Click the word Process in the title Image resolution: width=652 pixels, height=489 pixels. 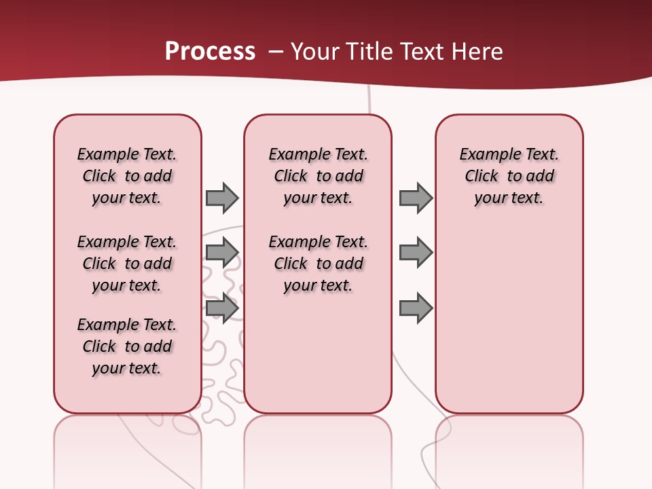(x=210, y=52)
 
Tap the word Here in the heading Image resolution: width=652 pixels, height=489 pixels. (x=477, y=52)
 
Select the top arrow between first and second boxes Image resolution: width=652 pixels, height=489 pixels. (x=222, y=198)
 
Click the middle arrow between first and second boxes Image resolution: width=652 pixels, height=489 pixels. (x=222, y=253)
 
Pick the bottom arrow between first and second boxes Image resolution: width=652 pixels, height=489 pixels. (x=222, y=308)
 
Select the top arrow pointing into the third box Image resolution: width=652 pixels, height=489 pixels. (x=416, y=198)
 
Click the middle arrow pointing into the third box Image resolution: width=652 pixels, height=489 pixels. (x=416, y=253)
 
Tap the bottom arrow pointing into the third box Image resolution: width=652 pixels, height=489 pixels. (x=416, y=308)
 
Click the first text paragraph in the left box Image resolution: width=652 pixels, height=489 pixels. (x=127, y=176)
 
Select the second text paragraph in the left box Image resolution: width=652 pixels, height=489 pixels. (x=127, y=264)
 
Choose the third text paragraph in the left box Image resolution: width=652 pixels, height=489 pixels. (x=127, y=346)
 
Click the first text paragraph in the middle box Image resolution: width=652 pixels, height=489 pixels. (x=318, y=176)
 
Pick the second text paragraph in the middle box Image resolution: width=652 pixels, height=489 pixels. (x=318, y=264)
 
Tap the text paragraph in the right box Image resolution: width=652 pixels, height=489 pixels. (x=509, y=176)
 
